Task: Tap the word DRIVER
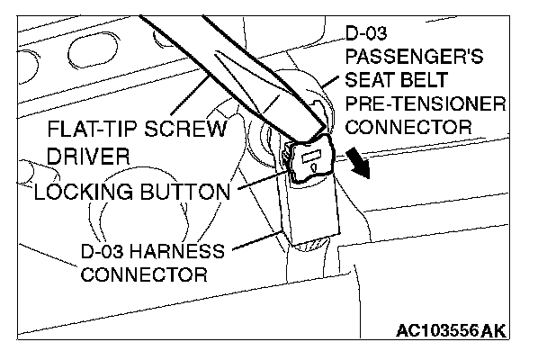(89, 157)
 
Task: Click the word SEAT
(371, 81)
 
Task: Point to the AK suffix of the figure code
(493, 331)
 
